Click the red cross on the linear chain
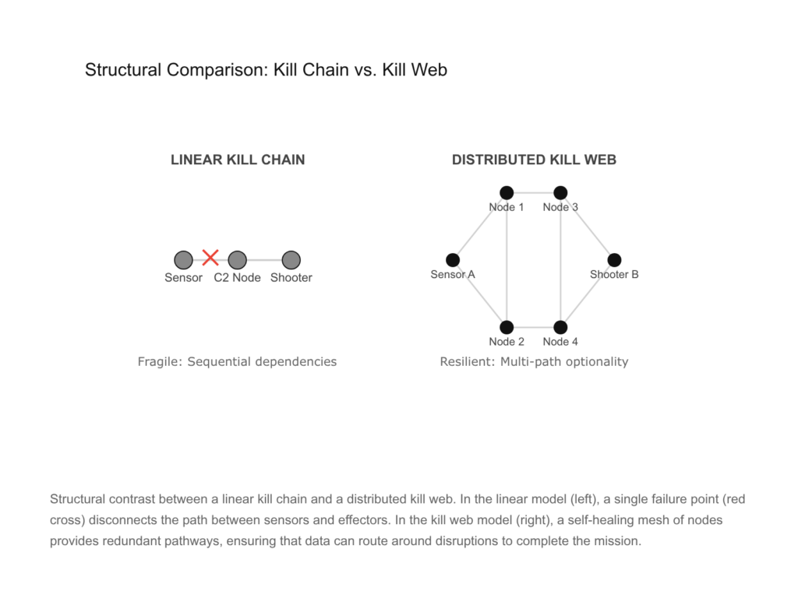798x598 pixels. click(210, 258)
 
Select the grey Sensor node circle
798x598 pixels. click(183, 259)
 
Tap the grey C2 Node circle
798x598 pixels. click(238, 259)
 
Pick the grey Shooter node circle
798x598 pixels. click(291, 259)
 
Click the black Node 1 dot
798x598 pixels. click(507, 192)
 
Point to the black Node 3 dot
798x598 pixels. click(560, 192)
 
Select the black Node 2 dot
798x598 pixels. click(507, 327)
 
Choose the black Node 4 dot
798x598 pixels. click(560, 327)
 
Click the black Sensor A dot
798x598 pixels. click(453, 260)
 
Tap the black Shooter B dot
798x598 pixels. click(614, 260)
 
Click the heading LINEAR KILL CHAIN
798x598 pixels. click(238, 160)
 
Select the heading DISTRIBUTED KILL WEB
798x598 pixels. click(534, 160)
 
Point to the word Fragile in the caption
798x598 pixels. click(159, 361)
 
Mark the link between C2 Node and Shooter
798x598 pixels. click(265, 259)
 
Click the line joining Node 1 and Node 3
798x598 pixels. click(534, 192)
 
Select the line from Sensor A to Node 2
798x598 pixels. click(479, 294)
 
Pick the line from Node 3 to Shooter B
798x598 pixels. click(588, 227)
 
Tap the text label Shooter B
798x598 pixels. click(614, 275)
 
